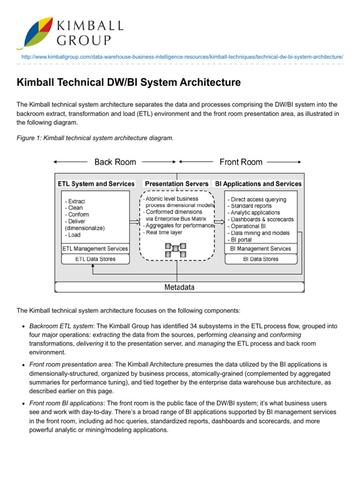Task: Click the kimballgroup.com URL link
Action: [x=182, y=56]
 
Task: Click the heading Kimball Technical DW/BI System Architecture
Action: [x=129, y=82]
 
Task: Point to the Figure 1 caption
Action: [x=95, y=138]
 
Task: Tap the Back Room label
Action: [x=115, y=162]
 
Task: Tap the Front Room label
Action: [x=241, y=162]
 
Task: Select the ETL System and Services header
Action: [x=96, y=184]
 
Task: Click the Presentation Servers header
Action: [x=177, y=184]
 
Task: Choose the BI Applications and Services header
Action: [x=258, y=184]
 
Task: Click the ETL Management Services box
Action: [x=95, y=248]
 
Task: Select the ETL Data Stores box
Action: [x=95, y=259]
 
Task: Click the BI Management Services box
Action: [x=261, y=248]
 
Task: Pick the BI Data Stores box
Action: [x=261, y=259]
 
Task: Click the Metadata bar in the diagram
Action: [x=180, y=287]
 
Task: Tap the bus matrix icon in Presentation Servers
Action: [x=175, y=249]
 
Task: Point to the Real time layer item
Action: [x=163, y=232]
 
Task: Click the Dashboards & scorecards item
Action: [x=261, y=219]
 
